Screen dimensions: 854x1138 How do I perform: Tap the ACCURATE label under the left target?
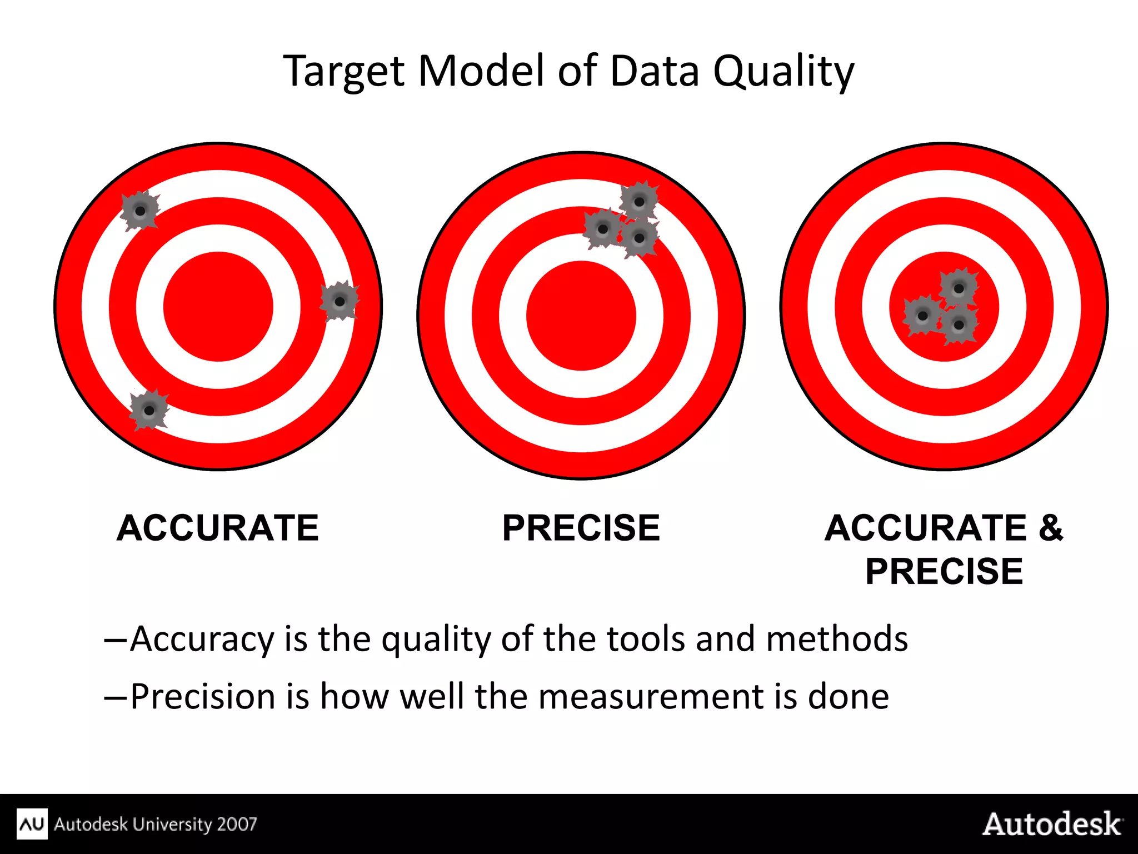(x=217, y=528)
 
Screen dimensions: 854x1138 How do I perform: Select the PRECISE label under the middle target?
(x=581, y=528)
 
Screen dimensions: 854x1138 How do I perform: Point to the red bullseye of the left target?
(x=218, y=307)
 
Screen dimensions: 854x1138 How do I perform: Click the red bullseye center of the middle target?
(x=581, y=316)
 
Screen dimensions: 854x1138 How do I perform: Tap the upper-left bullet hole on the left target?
(x=140, y=211)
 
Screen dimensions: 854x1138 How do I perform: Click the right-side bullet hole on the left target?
(x=340, y=301)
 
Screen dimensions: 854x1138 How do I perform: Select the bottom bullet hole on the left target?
(x=149, y=410)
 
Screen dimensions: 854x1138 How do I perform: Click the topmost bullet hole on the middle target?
(x=639, y=202)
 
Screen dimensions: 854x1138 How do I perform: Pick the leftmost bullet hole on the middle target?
(x=602, y=229)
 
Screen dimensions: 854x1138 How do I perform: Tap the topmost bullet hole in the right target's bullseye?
(x=959, y=288)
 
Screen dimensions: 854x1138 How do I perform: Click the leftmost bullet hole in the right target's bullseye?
(x=922, y=316)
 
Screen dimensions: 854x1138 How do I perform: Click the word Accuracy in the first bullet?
(x=202, y=639)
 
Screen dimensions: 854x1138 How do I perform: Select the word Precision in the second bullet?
(x=203, y=697)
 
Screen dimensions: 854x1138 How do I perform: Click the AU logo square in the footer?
(x=32, y=824)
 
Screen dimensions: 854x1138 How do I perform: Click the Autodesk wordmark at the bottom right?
(x=1052, y=824)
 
